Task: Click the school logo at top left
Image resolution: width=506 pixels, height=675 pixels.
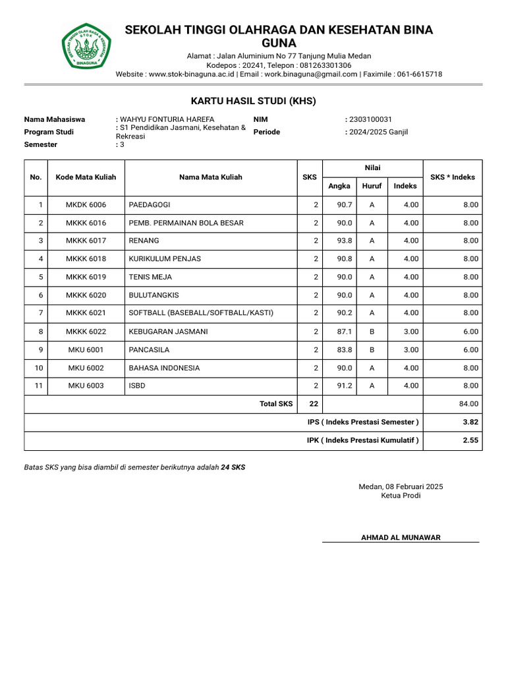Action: pyautogui.click(x=88, y=46)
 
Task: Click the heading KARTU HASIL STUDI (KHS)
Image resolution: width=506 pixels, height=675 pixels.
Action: pyautogui.click(x=253, y=101)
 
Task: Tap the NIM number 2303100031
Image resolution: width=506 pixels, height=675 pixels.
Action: pyautogui.click(x=370, y=119)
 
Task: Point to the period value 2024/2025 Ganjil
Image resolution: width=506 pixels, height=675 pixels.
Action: pyautogui.click(x=379, y=132)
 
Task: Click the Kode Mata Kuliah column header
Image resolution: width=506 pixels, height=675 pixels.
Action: pyautogui.click(x=86, y=177)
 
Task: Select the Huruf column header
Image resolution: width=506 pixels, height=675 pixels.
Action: pyautogui.click(x=372, y=186)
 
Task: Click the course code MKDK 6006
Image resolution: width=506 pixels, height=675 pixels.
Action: pyautogui.click(x=86, y=205)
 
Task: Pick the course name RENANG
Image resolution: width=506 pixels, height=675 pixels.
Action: pyautogui.click(x=144, y=241)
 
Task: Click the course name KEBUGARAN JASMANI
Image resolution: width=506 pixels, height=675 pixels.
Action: pyautogui.click(x=169, y=332)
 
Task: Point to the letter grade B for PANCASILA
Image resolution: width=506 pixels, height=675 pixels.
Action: pyautogui.click(x=372, y=349)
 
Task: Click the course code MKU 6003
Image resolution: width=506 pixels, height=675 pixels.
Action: pyautogui.click(x=86, y=386)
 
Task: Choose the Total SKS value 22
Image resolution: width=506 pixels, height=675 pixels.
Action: pyautogui.click(x=310, y=403)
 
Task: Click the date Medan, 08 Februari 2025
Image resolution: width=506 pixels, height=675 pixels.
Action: pyautogui.click(x=401, y=486)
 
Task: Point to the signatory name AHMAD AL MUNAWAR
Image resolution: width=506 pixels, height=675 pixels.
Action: pyautogui.click(x=401, y=537)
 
